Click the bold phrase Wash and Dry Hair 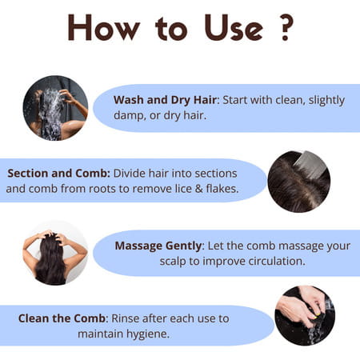click(165, 100)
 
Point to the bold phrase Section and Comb click(58, 173)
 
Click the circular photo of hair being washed click(56, 108)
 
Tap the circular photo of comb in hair click(298, 181)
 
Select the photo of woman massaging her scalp click(55, 253)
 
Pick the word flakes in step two click(228, 189)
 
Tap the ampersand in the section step click(204, 189)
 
